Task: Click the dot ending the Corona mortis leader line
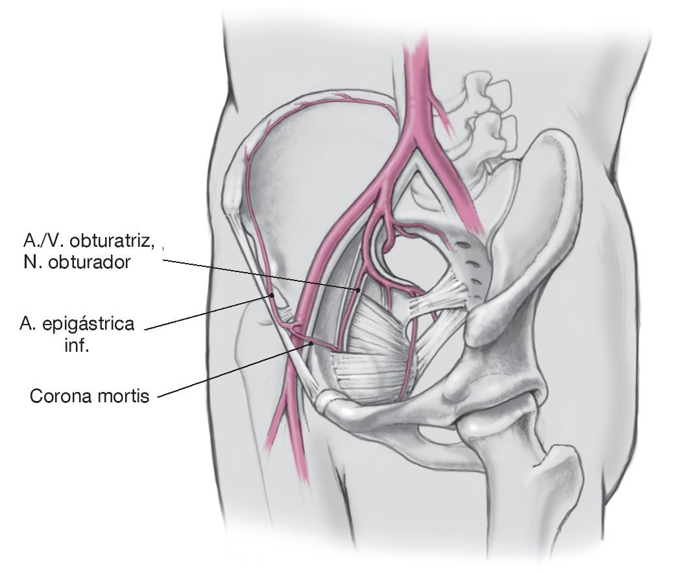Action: coord(312,343)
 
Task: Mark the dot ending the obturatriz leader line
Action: coord(358,290)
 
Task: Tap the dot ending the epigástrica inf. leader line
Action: coord(273,296)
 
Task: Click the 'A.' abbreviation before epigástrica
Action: coord(27,324)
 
